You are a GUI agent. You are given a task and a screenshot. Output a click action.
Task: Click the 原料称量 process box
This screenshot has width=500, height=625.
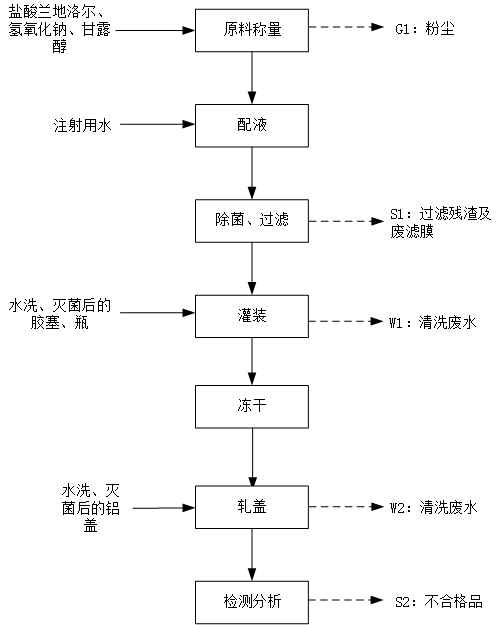(252, 30)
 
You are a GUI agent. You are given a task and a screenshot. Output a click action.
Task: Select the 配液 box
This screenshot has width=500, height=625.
(252, 126)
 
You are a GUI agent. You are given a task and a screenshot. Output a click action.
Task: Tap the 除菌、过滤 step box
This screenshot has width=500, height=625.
(252, 221)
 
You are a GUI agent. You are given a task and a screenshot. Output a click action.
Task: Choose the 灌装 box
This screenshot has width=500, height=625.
(252, 316)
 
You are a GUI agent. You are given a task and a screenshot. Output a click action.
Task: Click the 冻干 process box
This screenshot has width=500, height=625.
(252, 407)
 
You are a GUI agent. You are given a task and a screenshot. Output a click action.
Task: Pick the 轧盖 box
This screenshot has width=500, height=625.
(252, 507)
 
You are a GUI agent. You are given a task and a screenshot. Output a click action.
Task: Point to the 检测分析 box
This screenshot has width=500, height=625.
(252, 602)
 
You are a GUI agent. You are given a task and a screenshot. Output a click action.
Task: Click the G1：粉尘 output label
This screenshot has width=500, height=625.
(425, 29)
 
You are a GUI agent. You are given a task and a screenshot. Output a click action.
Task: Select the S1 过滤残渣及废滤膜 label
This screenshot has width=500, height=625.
(440, 223)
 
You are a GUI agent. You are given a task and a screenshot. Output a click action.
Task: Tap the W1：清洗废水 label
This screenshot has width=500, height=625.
(433, 322)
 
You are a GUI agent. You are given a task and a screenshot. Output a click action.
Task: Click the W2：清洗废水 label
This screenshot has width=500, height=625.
(433, 508)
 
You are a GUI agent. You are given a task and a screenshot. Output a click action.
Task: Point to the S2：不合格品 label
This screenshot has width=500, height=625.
(439, 601)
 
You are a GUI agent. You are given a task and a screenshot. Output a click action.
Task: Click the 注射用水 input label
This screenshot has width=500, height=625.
(83, 125)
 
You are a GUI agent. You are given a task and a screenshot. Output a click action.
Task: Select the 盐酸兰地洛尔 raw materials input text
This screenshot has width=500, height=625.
(59, 29)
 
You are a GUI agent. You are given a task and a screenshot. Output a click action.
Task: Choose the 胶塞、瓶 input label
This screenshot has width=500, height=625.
(59, 314)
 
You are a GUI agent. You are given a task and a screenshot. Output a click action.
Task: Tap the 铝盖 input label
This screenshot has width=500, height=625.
(91, 508)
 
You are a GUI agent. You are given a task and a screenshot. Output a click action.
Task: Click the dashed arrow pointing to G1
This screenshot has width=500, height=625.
(346, 27)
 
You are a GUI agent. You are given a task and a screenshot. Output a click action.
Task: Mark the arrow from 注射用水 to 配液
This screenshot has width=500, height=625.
(157, 124)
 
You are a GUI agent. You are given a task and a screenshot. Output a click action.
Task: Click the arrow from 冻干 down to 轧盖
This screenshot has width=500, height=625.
(252, 457)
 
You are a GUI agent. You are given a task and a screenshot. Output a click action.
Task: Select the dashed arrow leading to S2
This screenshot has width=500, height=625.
(346, 600)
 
